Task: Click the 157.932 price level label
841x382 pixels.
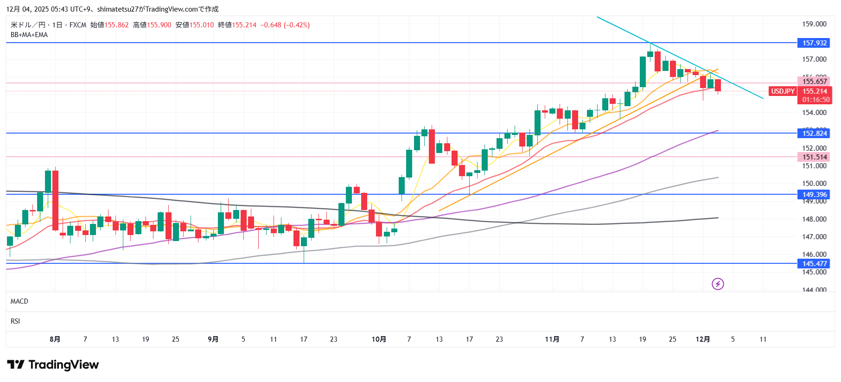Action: (814, 43)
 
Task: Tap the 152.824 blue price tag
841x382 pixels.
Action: (814, 134)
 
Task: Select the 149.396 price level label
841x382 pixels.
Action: (814, 195)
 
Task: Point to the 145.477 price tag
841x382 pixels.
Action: (814, 264)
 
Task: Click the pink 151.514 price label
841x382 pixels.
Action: (814, 157)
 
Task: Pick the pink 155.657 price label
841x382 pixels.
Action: (814, 82)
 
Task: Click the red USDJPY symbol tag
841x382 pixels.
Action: (783, 91)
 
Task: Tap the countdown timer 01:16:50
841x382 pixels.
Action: (816, 100)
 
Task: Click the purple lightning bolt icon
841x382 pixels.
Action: (718, 284)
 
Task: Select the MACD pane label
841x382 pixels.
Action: (19, 301)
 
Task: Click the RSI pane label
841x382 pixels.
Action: (15, 321)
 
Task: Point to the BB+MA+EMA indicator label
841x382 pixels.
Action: (29, 35)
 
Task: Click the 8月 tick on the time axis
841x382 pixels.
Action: (55, 339)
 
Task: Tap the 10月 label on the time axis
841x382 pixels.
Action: (379, 339)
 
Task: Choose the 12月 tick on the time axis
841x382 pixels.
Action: (702, 339)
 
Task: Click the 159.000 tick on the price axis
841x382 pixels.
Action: (814, 24)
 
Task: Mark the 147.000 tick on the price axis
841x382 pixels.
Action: (814, 237)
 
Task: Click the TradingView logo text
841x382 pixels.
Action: (64, 365)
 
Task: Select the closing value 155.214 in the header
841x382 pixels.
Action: (244, 25)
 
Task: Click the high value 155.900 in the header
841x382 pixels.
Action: (159, 25)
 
